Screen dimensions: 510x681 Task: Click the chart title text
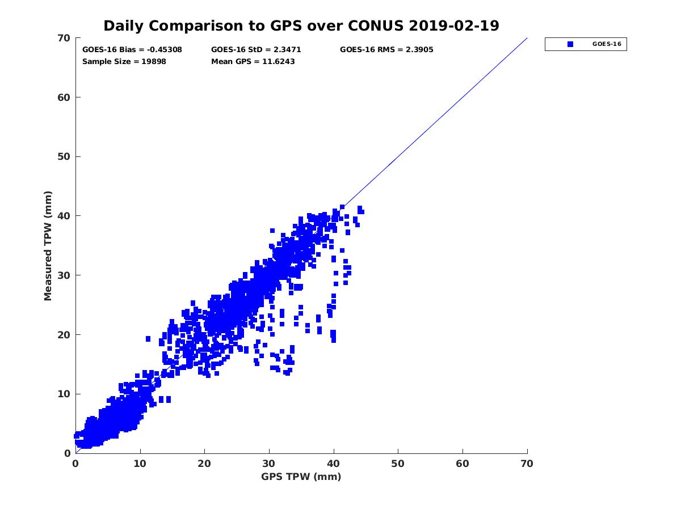coord(301,25)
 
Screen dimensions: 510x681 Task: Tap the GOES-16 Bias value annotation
coord(132,50)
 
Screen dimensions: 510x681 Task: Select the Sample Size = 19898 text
coord(124,61)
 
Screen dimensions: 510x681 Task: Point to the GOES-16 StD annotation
coord(256,50)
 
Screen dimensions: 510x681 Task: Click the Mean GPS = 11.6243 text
coord(253,61)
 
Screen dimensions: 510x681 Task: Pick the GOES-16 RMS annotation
coord(386,50)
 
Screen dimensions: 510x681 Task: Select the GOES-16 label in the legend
coord(606,44)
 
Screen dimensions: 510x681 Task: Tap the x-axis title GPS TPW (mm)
coord(301,477)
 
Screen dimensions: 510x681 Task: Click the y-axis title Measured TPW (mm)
coord(48,245)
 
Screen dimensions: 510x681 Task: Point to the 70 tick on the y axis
coord(64,38)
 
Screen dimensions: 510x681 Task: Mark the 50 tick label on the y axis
coord(64,157)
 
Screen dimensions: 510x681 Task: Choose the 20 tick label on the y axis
coord(64,335)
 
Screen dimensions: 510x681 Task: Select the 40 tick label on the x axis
coord(334,464)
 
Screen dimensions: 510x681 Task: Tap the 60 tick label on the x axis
coord(463,464)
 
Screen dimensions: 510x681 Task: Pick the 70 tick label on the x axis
coord(527,464)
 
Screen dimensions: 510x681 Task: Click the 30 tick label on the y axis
coord(64,275)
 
